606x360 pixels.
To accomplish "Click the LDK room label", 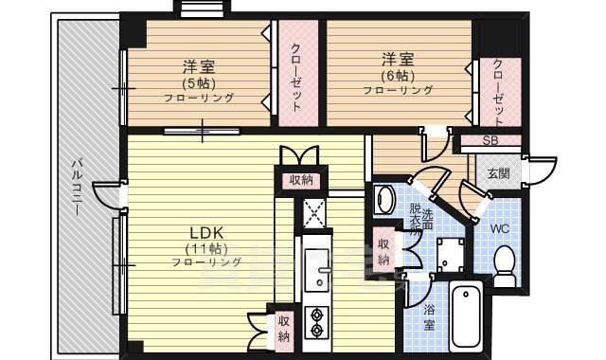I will tap(204, 232).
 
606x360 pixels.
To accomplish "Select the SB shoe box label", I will tap(490, 141).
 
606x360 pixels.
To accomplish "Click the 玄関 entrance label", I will tap(498, 172).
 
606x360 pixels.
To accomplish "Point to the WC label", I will tap(501, 228).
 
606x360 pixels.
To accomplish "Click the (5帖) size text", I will tap(199, 82).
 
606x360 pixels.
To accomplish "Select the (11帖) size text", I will tap(203, 248).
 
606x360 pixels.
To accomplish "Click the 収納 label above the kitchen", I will tap(301, 177).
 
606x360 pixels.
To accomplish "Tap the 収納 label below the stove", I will tap(284, 328).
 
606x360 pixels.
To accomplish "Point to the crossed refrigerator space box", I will tap(314, 210).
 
